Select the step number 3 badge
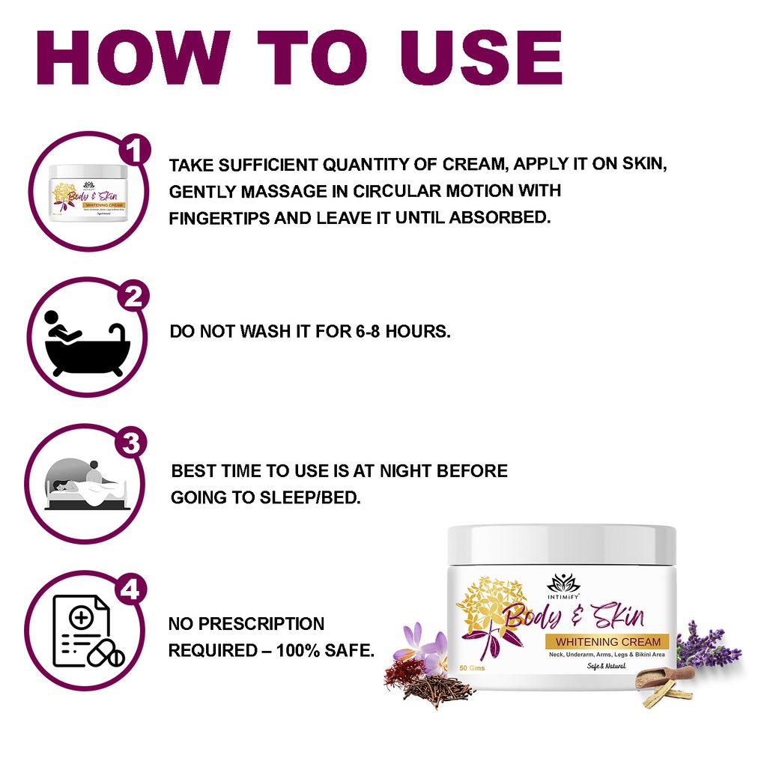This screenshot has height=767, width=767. (132, 444)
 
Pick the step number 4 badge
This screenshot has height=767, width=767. (131, 591)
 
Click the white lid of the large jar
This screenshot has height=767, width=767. (561, 545)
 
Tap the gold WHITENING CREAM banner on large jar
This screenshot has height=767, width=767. (608, 642)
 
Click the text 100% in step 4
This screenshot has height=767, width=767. (300, 650)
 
